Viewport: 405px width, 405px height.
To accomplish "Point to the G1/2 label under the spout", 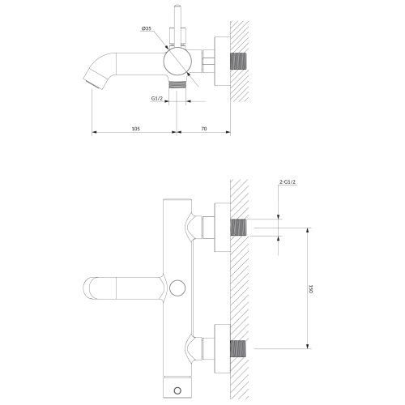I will (157, 100).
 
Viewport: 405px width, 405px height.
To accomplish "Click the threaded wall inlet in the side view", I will (240, 60).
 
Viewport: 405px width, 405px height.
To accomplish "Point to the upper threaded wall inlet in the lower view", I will (241, 228).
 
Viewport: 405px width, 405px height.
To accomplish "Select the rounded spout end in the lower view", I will (91, 288).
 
